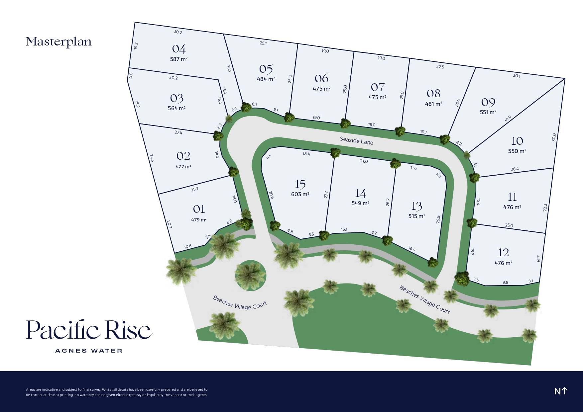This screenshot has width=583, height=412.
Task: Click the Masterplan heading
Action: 59,42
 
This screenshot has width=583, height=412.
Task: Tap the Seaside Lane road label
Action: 356,140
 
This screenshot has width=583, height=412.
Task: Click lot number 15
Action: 300,184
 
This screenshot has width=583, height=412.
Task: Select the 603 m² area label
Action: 300,194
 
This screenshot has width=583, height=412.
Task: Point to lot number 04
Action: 179,49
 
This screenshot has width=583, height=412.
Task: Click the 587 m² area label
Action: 179,59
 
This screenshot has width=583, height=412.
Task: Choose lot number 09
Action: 488,102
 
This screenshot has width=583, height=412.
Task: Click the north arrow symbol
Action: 561,391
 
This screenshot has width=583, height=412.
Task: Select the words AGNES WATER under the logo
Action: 89,351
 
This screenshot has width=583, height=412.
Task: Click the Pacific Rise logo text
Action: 89,330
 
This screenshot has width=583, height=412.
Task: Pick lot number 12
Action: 503,253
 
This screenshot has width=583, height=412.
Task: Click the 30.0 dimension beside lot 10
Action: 554,137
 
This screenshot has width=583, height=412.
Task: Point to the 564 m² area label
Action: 176,108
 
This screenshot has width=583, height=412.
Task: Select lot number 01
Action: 199,209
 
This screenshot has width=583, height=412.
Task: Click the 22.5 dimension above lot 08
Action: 440,67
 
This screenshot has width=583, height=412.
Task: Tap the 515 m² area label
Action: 417,216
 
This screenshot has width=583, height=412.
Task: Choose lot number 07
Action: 378,87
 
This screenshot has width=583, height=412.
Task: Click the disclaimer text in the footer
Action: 117,392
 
